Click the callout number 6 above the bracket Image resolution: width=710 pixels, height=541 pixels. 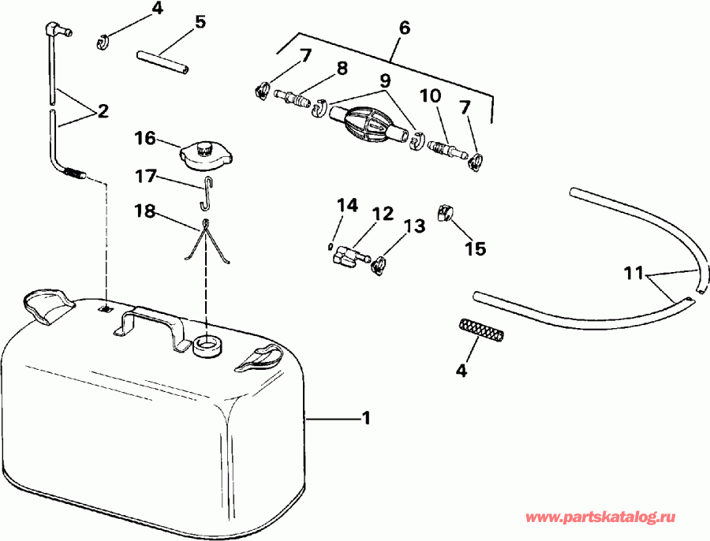click(x=404, y=28)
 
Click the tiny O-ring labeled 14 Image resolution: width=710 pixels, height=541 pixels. click(x=329, y=247)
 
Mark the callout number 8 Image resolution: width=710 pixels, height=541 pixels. click(x=341, y=69)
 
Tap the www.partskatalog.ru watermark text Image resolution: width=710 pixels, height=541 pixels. click(x=601, y=517)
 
